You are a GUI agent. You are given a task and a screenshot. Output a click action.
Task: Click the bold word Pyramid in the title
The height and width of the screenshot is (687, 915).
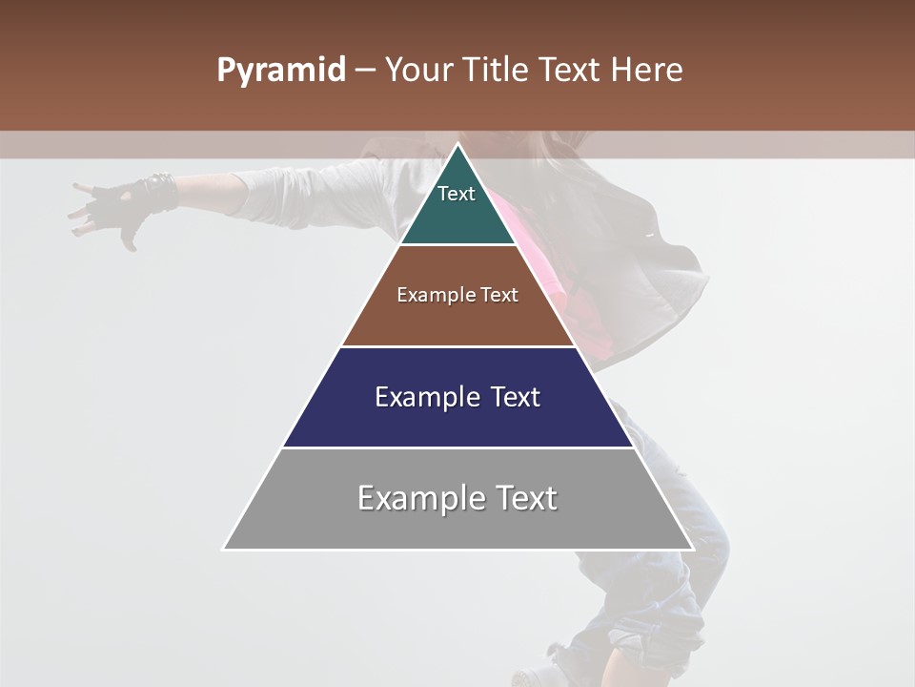[x=280, y=71]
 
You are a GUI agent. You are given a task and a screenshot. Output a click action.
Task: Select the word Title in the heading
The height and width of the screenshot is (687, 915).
[x=498, y=70]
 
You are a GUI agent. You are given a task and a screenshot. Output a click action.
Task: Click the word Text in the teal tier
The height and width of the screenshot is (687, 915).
[x=457, y=194]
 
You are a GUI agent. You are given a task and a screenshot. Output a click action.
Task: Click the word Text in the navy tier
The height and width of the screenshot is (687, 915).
[x=510, y=397]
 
